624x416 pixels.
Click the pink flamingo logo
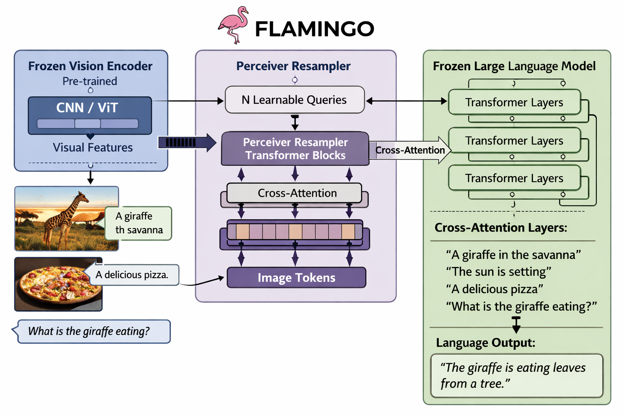tap(234, 24)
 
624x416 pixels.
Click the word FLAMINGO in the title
tap(314, 29)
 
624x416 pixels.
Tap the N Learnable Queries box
tap(295, 100)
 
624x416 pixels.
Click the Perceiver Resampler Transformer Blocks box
tap(295, 149)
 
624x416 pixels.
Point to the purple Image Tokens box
tap(296, 277)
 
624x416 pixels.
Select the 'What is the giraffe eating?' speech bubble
tap(93, 331)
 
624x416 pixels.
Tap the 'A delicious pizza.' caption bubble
tap(132, 275)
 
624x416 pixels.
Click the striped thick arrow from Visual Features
tap(187, 142)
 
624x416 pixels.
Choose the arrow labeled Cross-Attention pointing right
tap(410, 150)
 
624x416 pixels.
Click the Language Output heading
tap(485, 343)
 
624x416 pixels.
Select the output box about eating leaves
tap(516, 375)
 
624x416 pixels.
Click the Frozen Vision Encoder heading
tap(90, 66)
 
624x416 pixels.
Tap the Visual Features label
tap(93, 147)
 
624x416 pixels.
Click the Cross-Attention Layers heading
tap(500, 227)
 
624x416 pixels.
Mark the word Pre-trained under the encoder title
tap(90, 81)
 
